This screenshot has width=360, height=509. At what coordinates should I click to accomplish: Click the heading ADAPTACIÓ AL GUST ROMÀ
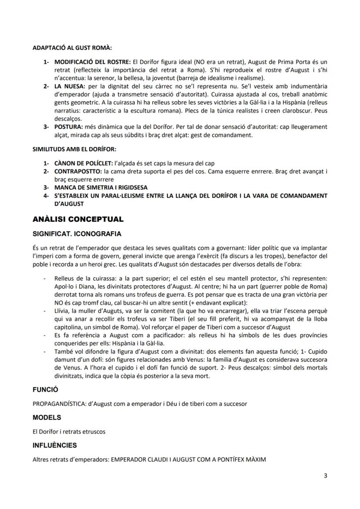click(x=72, y=48)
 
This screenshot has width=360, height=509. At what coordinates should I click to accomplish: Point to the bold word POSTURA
click(x=68, y=126)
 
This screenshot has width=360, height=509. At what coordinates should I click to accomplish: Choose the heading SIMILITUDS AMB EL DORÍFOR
click(x=74, y=150)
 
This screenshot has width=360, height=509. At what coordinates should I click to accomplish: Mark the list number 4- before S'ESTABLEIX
click(x=46, y=196)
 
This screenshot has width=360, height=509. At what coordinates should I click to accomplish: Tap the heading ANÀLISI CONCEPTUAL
click(x=78, y=219)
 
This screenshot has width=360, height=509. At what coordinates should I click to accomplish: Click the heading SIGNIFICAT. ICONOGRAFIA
click(x=77, y=234)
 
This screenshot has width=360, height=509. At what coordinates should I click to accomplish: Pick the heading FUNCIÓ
click(x=45, y=389)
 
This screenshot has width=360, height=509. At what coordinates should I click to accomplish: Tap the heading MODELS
click(x=47, y=417)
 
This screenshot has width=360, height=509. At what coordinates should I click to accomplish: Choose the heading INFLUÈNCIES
click(x=55, y=446)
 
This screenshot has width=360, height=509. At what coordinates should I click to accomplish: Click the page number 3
click(x=326, y=476)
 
